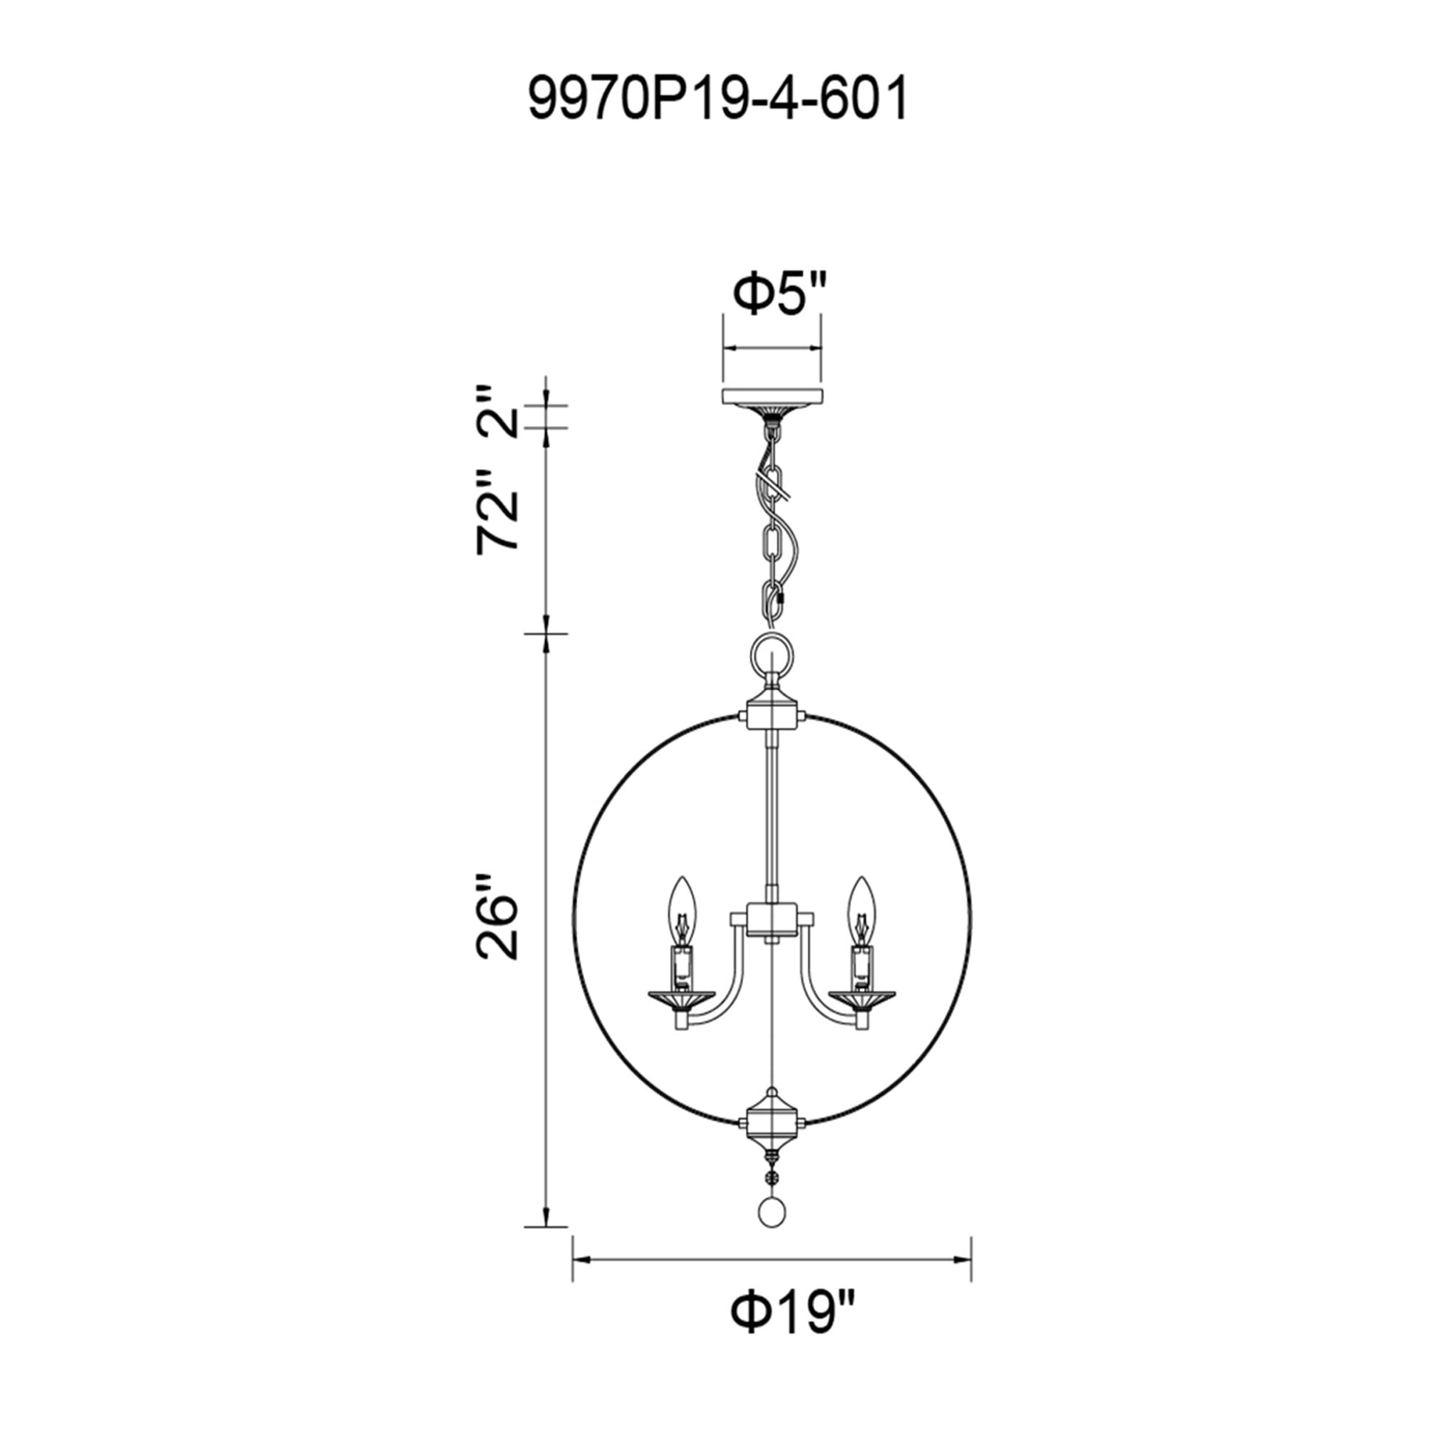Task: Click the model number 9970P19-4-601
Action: point(719,101)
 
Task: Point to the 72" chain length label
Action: point(497,511)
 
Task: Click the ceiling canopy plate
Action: point(772,397)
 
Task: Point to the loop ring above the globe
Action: point(772,654)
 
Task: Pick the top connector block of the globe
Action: point(772,717)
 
